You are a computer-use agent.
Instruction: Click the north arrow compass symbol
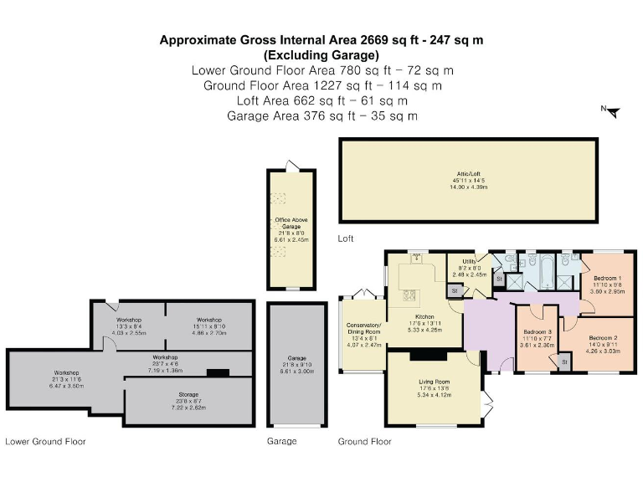[x=612, y=111]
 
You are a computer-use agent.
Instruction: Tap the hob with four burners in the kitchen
[x=411, y=294]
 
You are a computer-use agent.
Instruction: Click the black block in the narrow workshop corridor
[x=218, y=372]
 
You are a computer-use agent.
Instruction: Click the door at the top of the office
[x=291, y=165]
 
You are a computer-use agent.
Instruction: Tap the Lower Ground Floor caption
[x=45, y=441]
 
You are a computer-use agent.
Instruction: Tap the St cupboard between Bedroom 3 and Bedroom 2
[x=562, y=361]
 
